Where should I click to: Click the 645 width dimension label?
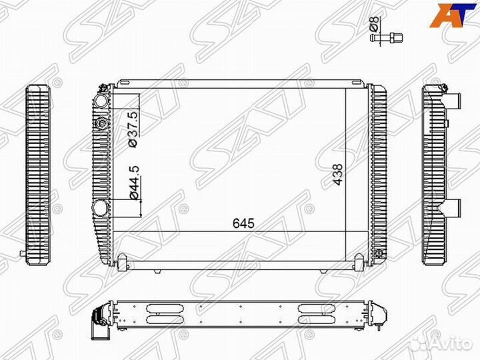click(x=243, y=223)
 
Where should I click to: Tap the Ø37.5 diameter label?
click(x=134, y=129)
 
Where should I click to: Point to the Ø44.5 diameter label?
click(x=134, y=183)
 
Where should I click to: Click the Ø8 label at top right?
click(x=375, y=24)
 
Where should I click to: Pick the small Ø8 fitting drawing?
click(x=386, y=38)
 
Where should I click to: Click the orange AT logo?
click(x=449, y=16)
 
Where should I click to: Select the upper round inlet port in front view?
click(x=101, y=101)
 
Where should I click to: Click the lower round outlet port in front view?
click(x=100, y=207)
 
